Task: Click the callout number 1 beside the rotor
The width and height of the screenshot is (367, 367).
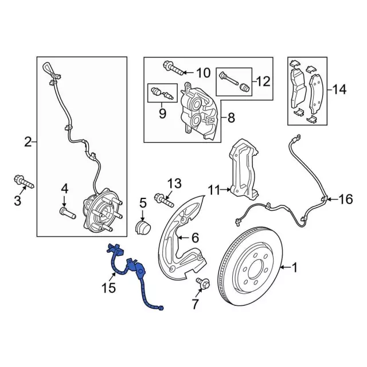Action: pos(296,268)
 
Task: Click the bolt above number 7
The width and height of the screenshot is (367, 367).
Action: pos(202,283)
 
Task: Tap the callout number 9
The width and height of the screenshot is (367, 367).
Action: pos(162,113)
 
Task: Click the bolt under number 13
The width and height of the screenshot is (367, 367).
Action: pos(164,201)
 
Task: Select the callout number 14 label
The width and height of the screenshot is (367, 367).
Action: pos(339,89)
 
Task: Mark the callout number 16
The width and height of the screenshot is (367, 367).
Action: pos(346,199)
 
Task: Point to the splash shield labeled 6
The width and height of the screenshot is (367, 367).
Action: pos(181,235)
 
